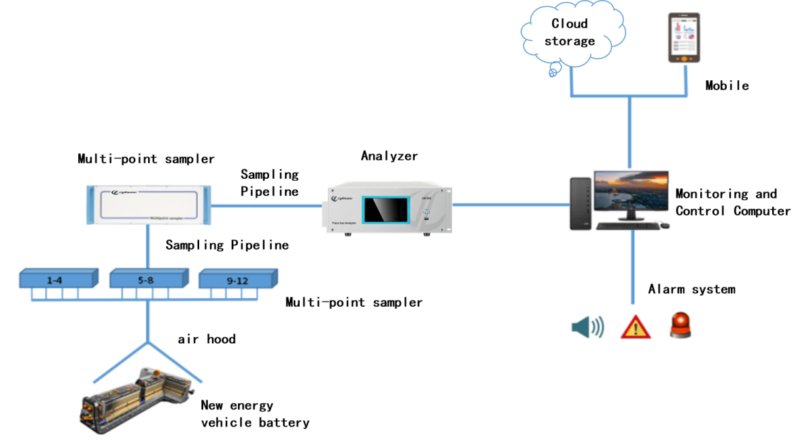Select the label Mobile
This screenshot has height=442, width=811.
pos(727,86)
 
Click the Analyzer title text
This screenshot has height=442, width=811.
pos(390,156)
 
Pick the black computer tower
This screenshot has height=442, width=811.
pos(580,203)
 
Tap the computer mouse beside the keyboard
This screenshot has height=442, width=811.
pos(664,225)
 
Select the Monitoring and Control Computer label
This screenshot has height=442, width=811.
pos(732,203)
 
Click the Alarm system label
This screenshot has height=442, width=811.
pos(691,290)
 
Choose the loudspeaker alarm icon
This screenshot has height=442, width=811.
pos(587,327)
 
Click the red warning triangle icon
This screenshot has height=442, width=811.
pos(636,327)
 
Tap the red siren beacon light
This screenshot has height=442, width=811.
pos(681,326)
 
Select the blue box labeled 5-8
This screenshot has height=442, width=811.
pos(145,278)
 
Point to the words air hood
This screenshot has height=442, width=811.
pos(207,339)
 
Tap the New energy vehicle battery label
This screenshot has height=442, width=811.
pos(255,414)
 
